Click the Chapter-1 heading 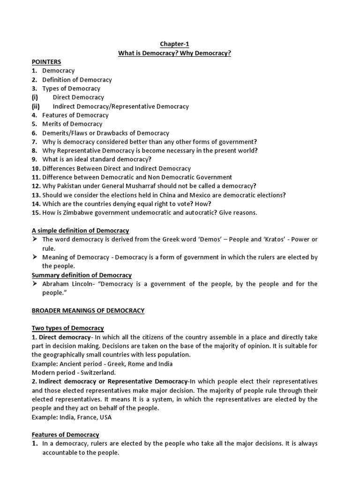[x=175, y=44]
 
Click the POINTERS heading [x=46, y=62]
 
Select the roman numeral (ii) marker [x=36, y=106]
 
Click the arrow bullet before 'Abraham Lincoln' [x=35, y=284]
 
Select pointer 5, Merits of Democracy [x=72, y=124]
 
